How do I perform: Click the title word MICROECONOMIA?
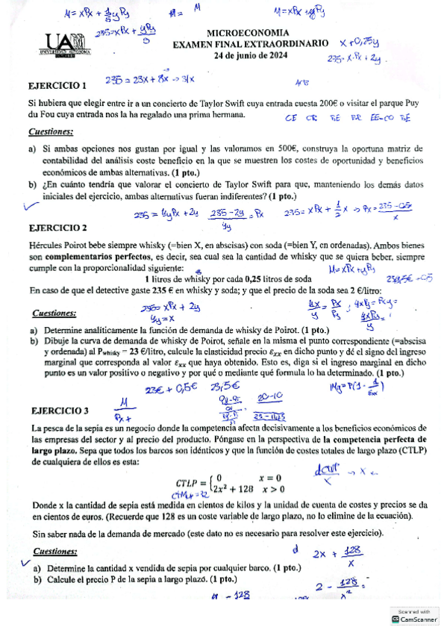[249, 34]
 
